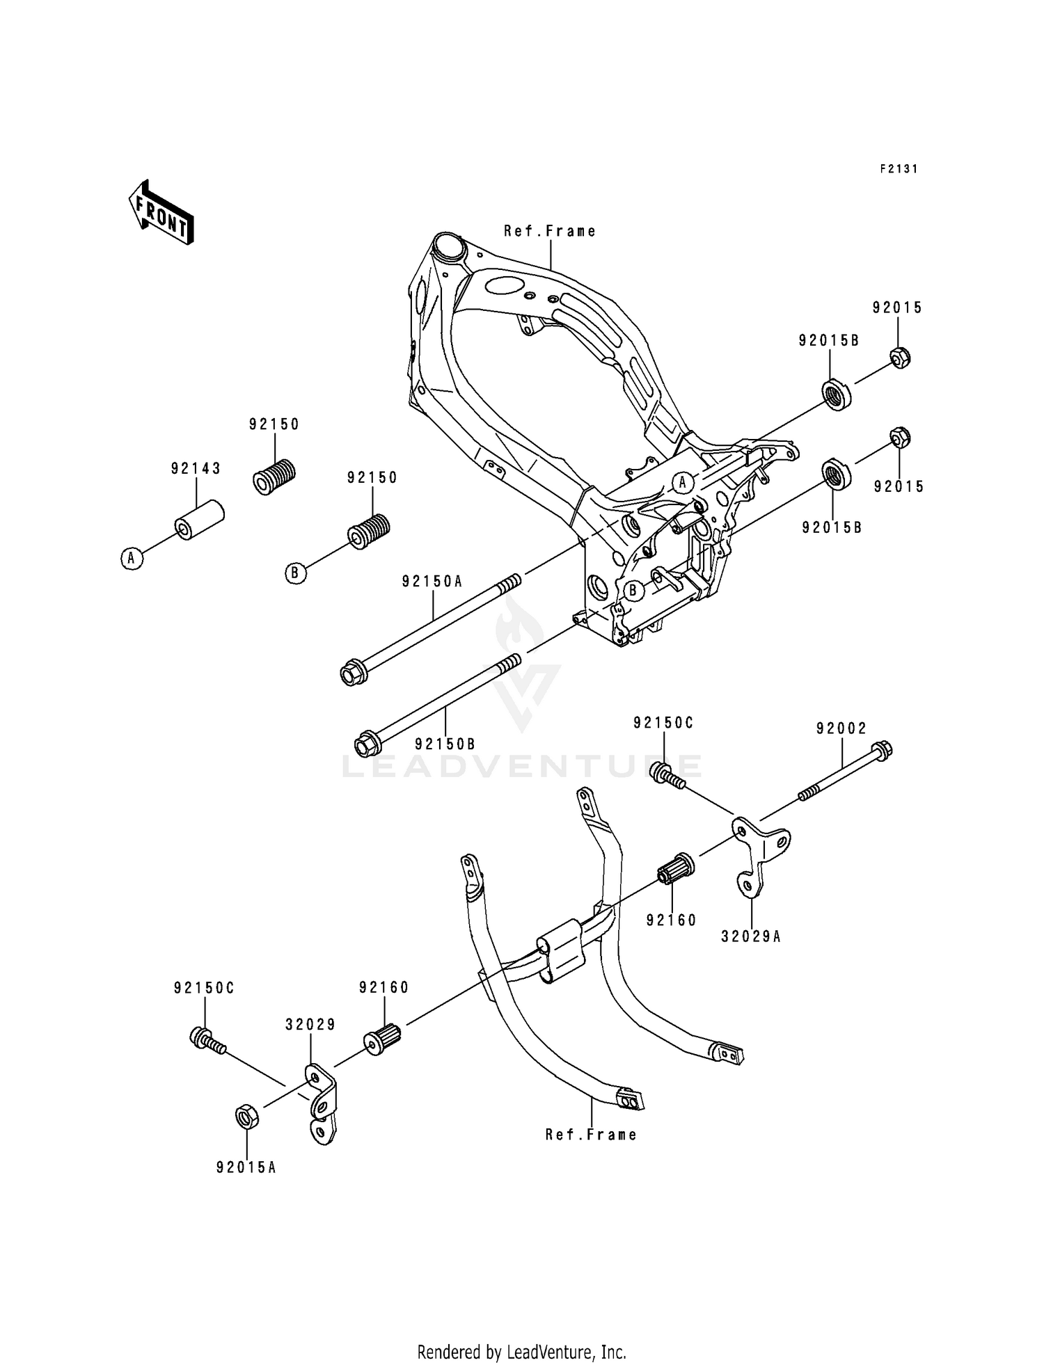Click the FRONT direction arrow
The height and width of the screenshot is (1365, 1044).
pyautogui.click(x=160, y=213)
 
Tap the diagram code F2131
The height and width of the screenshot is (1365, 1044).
pyautogui.click(x=898, y=169)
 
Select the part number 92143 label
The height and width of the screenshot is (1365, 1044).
pyautogui.click(x=196, y=470)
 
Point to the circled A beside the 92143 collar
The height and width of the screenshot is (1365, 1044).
pyautogui.click(x=131, y=557)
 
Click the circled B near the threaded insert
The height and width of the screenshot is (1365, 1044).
pyautogui.click(x=296, y=573)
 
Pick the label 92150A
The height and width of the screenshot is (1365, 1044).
pyautogui.click(x=432, y=582)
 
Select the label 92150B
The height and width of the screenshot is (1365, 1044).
pyautogui.click(x=445, y=744)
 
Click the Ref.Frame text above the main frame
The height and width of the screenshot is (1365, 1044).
pyautogui.click(x=550, y=231)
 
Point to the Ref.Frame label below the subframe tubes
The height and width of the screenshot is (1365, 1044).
pyautogui.click(x=591, y=1135)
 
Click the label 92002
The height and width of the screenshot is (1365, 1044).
pyautogui.click(x=841, y=728)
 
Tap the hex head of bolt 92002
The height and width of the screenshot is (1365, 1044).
pyautogui.click(x=881, y=751)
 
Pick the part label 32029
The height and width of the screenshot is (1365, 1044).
pyautogui.click(x=310, y=1025)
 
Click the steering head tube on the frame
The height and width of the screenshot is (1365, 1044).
pyautogui.click(x=448, y=248)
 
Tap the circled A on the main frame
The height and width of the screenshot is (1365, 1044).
pyautogui.click(x=683, y=481)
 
